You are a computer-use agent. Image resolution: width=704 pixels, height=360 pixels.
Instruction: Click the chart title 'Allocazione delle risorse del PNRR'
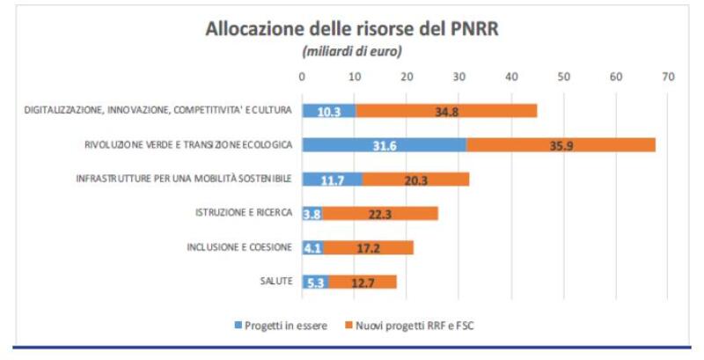click(352, 28)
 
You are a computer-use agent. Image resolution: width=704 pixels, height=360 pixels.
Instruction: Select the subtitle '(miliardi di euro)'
click(352, 51)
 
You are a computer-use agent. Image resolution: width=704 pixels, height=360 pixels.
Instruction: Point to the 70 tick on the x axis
click(668, 77)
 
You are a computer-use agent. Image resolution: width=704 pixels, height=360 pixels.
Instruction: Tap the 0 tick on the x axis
click(303, 77)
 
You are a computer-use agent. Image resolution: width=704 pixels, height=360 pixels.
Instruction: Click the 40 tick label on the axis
click(511, 77)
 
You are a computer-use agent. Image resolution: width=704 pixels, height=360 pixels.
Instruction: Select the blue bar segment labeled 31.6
click(385, 145)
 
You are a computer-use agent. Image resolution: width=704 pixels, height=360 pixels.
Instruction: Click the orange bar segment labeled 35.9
click(561, 145)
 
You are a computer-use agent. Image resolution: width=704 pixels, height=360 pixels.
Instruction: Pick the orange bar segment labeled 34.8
click(446, 111)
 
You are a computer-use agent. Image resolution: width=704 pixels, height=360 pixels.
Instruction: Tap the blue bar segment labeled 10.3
click(329, 111)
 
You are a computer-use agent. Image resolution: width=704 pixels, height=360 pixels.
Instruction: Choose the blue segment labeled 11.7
click(333, 180)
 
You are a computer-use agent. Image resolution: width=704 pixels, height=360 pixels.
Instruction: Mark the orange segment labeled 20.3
click(415, 180)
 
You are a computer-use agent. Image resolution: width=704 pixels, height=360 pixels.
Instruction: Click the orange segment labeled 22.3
click(379, 214)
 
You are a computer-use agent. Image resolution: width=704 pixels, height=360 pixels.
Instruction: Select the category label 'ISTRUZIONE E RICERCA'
click(243, 213)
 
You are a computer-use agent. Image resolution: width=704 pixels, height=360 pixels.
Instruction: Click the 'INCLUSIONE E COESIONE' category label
click(240, 247)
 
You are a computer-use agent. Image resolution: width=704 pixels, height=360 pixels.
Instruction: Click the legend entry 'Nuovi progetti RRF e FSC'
click(417, 326)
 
